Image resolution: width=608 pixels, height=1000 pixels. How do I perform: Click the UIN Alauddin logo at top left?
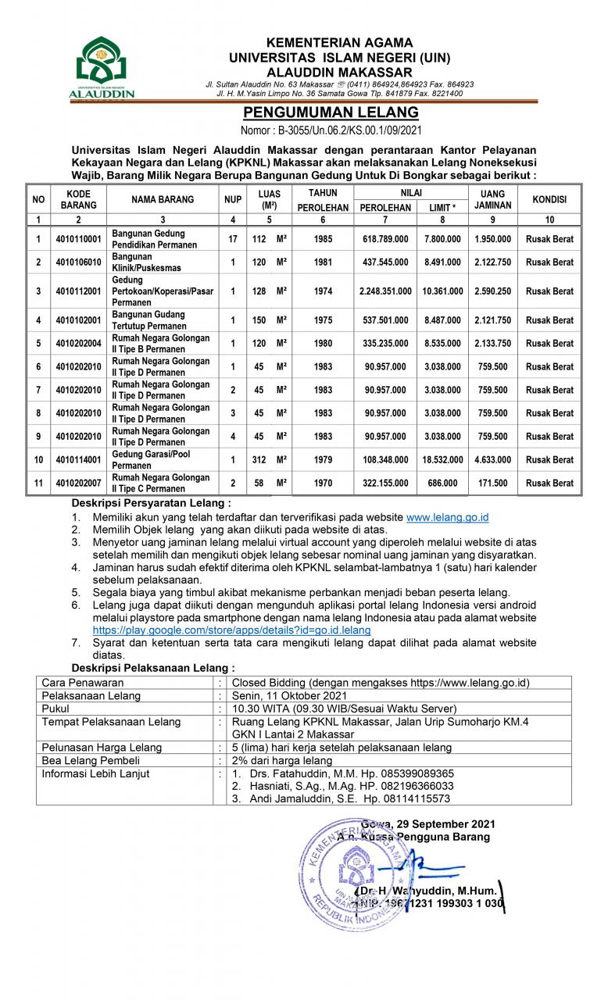[x=102, y=67]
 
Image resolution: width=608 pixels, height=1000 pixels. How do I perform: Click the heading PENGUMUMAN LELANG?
[x=331, y=112]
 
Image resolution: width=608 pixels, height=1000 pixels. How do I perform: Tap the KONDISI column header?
[x=549, y=199]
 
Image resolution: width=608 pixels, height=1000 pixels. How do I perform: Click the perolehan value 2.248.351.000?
[x=385, y=291]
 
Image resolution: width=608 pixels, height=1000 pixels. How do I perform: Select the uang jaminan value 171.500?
[x=493, y=484]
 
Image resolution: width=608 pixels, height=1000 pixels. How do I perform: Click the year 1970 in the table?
[x=323, y=484]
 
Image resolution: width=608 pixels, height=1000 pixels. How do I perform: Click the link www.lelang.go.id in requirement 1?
[x=448, y=517]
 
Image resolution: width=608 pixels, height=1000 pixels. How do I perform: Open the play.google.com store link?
[x=231, y=630]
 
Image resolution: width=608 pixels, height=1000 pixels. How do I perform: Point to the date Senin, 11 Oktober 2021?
[x=290, y=695]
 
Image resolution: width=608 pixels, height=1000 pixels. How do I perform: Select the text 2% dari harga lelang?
[x=282, y=760]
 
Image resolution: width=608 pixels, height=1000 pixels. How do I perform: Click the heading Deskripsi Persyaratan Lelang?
[x=151, y=503]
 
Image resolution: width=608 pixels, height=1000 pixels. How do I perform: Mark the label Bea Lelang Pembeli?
[x=91, y=760]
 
